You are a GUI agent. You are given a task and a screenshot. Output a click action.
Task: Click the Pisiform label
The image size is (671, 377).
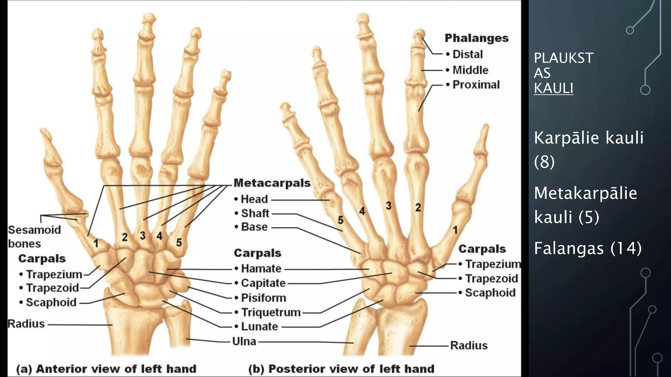(x=263, y=298)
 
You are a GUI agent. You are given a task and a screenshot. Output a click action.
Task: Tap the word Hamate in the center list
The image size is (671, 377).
(x=261, y=269)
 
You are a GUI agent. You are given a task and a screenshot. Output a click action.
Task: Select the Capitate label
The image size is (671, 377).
(x=263, y=283)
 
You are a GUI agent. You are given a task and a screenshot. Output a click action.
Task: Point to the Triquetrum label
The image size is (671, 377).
(x=271, y=313)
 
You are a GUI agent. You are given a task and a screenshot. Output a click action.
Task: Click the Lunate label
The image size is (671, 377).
(x=259, y=327)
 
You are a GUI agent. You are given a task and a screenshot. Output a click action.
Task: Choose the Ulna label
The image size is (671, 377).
(x=244, y=341)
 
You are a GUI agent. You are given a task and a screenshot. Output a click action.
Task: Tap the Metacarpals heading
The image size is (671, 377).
(x=272, y=183)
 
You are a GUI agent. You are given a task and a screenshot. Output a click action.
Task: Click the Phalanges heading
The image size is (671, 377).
(x=476, y=38)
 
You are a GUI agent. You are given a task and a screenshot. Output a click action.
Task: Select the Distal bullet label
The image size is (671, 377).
(x=468, y=54)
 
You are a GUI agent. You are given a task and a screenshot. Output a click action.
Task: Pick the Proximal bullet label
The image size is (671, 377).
(x=476, y=85)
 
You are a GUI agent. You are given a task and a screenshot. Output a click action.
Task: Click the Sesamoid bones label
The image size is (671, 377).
(x=34, y=237)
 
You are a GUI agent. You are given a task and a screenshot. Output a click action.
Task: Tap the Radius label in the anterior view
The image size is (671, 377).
(x=26, y=324)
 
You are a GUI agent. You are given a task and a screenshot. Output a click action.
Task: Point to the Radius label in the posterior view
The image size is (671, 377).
(x=469, y=346)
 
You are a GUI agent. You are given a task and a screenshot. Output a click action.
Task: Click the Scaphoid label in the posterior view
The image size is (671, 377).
(x=490, y=293)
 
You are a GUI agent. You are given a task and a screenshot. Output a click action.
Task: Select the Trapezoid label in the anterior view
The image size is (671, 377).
(x=52, y=288)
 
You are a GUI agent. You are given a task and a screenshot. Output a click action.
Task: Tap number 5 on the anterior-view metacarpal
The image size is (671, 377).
(x=179, y=242)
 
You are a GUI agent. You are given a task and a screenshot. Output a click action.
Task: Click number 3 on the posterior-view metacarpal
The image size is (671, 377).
(x=389, y=206)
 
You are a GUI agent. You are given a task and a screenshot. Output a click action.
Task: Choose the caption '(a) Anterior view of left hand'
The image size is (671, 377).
(x=106, y=369)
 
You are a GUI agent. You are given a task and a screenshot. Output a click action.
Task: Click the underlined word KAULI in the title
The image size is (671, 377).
(x=553, y=88)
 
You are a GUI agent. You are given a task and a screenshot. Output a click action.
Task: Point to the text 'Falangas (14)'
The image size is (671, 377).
(x=588, y=248)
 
